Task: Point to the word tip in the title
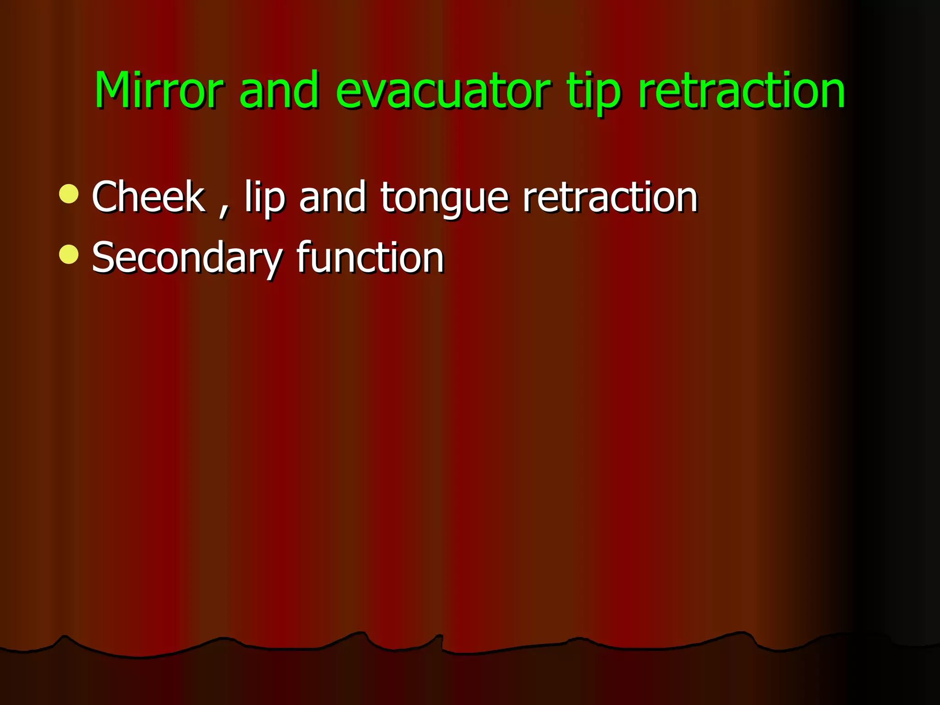(x=595, y=92)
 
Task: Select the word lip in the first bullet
(x=265, y=197)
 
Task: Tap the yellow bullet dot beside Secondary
(x=69, y=254)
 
